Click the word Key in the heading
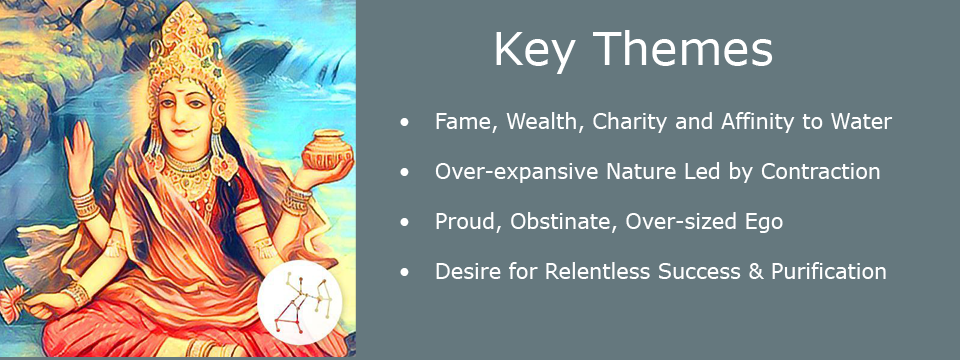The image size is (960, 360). (x=535, y=50)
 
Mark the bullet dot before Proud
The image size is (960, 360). (x=403, y=223)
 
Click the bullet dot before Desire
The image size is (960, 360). (x=403, y=272)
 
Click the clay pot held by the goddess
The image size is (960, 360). (x=326, y=150)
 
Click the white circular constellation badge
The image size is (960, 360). (x=299, y=302)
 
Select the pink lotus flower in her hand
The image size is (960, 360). (x=12, y=304)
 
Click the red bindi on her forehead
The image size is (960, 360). (x=184, y=94)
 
